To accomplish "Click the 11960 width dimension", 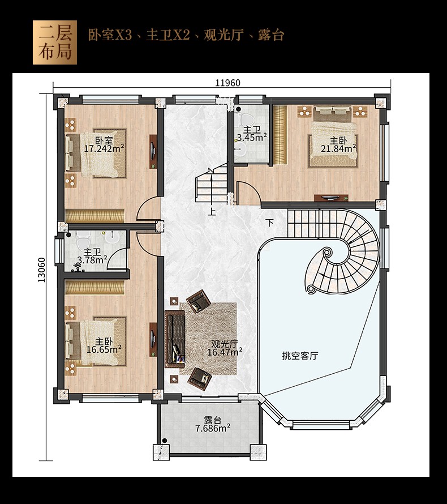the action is tap(227, 83).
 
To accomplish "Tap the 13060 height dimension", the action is tap(42, 270).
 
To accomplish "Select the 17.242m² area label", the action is tap(104, 148).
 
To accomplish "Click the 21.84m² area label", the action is tap(338, 148).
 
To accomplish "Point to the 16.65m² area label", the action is tap(104, 349).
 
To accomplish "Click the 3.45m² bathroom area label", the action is tap(252, 138).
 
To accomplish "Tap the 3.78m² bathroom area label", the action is tap(92, 260).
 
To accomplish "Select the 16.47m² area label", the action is tap(225, 352).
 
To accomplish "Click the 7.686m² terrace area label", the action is tap(213, 428).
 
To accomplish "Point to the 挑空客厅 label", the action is tap(300, 356).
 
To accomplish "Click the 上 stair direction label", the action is tap(212, 212).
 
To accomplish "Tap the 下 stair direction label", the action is tap(270, 223).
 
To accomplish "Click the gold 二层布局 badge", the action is tap(55, 42).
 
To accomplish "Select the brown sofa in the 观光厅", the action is tap(175, 339).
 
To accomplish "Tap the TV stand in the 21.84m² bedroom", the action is tap(331, 198).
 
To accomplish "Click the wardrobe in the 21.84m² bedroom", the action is tap(280, 134).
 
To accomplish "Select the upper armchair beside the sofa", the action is tap(199, 301).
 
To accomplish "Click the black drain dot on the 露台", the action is tap(165, 441).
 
